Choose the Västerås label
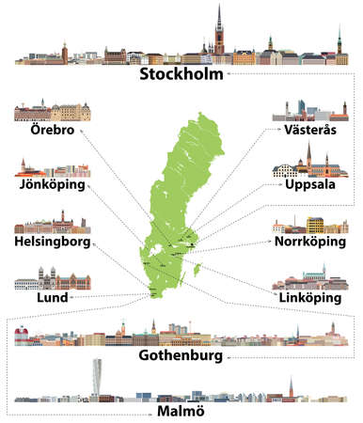coord(309,132)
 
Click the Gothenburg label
coord(181,357)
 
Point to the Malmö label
coord(180,412)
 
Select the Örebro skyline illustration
coord(46,113)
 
